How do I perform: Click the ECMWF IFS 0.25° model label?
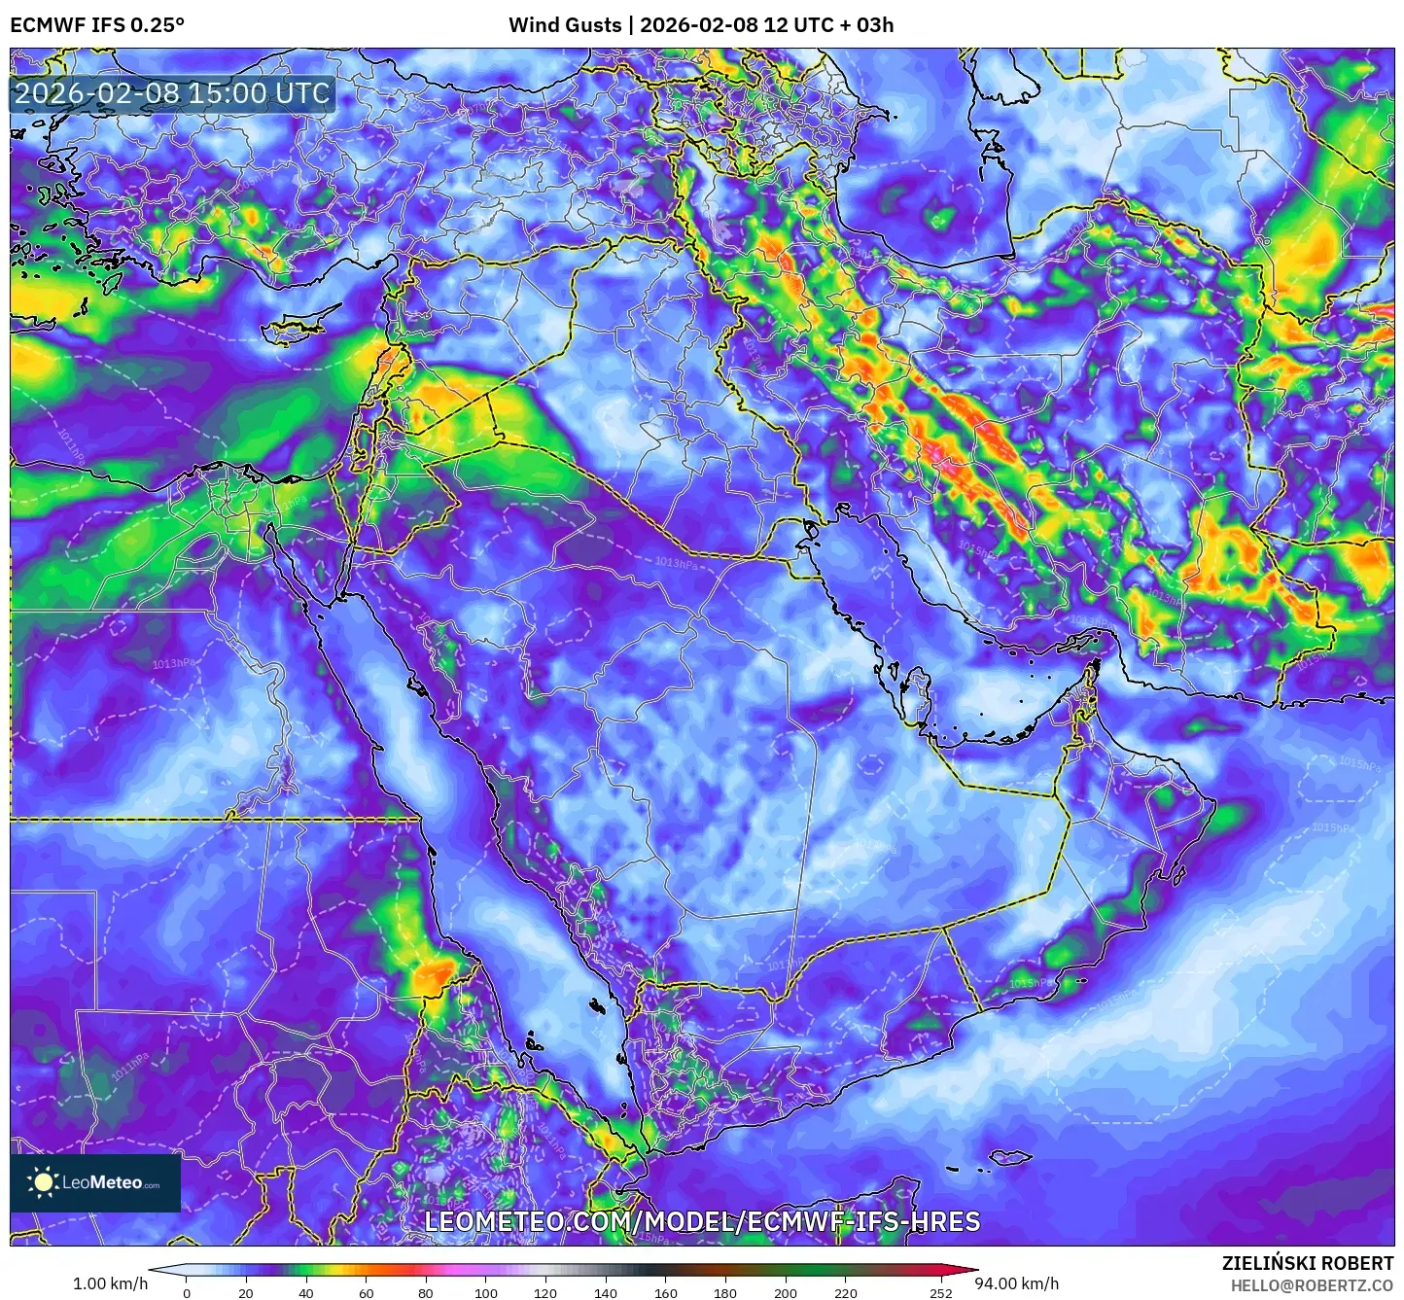[x=97, y=24]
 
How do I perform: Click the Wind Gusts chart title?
[x=701, y=24]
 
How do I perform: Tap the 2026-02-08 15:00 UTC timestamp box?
[x=172, y=94]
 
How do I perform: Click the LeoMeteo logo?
[x=95, y=1182]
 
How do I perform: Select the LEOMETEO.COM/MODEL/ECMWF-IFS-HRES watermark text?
[x=702, y=1221]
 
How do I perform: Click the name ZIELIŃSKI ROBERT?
[x=1308, y=1263]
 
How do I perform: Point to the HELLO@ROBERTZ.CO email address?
[x=1312, y=1285]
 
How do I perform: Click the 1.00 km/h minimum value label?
[x=110, y=1283]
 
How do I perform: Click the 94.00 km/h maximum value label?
[x=1017, y=1283]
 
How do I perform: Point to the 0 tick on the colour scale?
[x=187, y=1292]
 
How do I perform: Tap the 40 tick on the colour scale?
[x=306, y=1292]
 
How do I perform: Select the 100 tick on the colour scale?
[x=486, y=1292]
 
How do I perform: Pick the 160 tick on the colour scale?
[x=666, y=1292]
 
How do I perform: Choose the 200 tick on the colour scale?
[x=786, y=1292]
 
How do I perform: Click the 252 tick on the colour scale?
[x=940, y=1292]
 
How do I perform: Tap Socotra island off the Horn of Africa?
[x=1011, y=1157]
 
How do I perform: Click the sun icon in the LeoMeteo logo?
[x=43, y=1182]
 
